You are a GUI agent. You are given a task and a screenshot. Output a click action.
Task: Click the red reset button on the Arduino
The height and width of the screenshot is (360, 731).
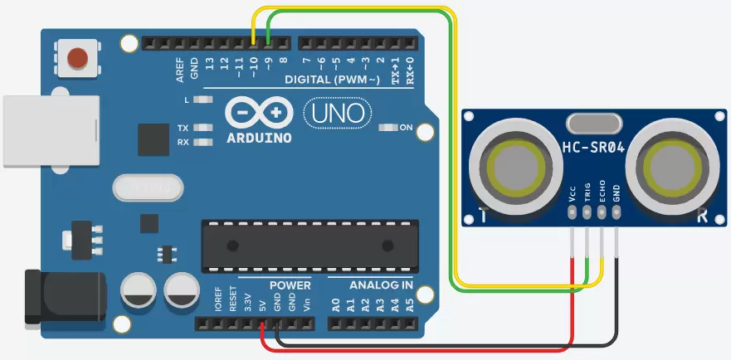[x=78, y=58]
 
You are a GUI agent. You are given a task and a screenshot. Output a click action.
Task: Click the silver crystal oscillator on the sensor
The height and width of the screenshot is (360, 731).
[x=594, y=124]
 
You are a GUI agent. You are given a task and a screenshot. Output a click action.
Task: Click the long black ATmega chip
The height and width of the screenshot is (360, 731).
[x=307, y=246]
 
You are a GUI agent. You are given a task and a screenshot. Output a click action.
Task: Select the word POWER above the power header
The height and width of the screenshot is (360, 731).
[x=290, y=285]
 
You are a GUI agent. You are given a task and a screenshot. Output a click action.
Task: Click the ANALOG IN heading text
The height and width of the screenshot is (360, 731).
[x=381, y=285]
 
